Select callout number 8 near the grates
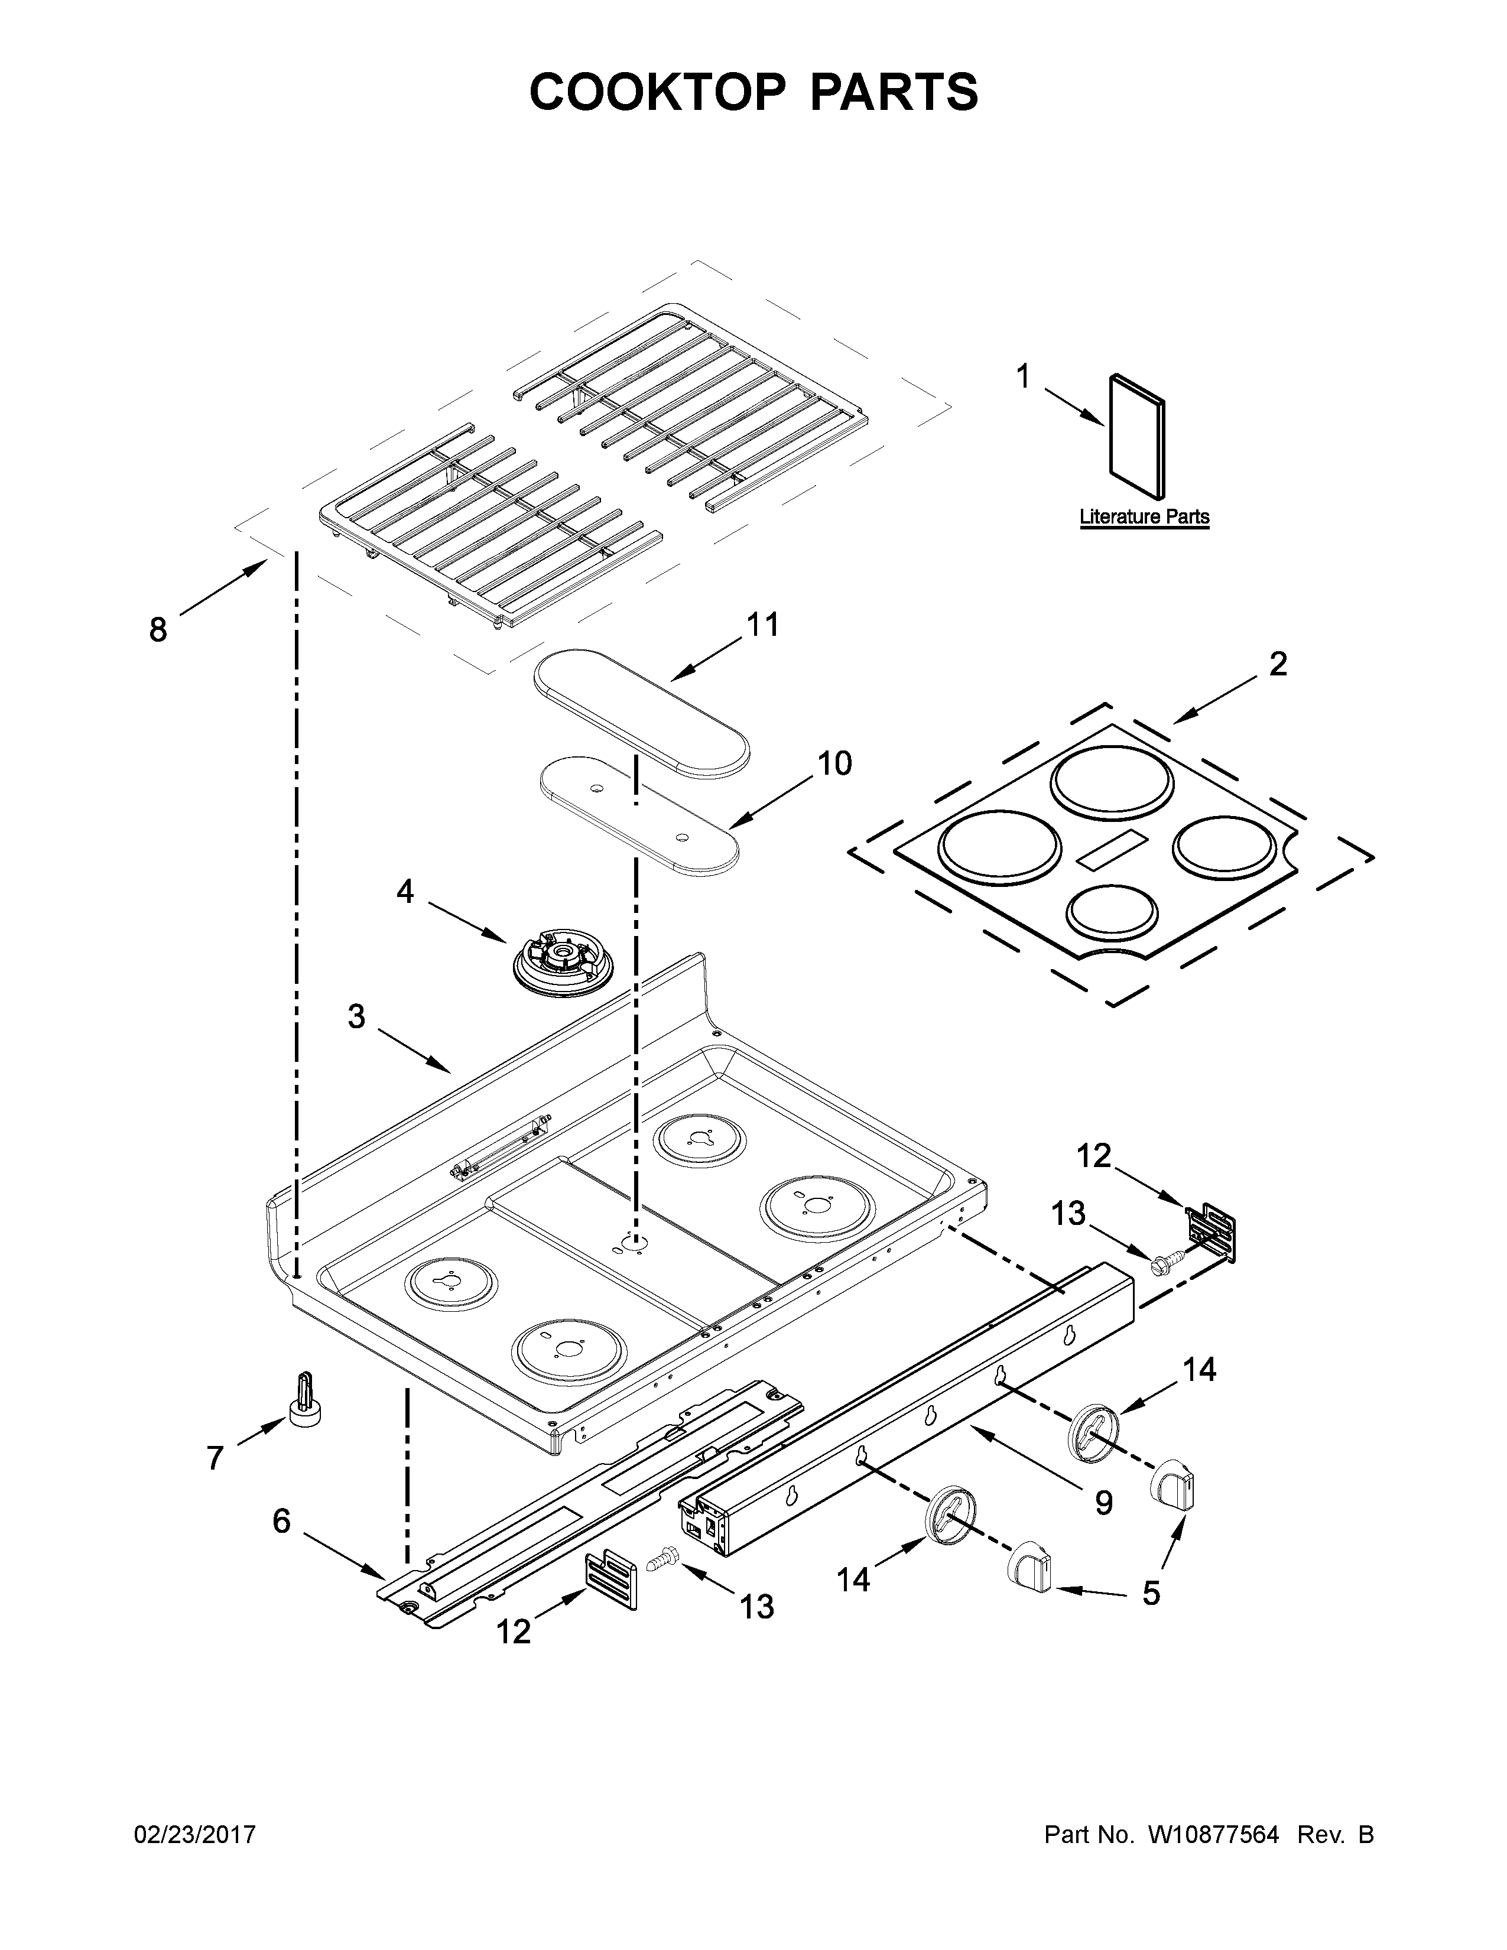[x=158, y=630]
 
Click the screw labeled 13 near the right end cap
[x=1162, y=1263]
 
